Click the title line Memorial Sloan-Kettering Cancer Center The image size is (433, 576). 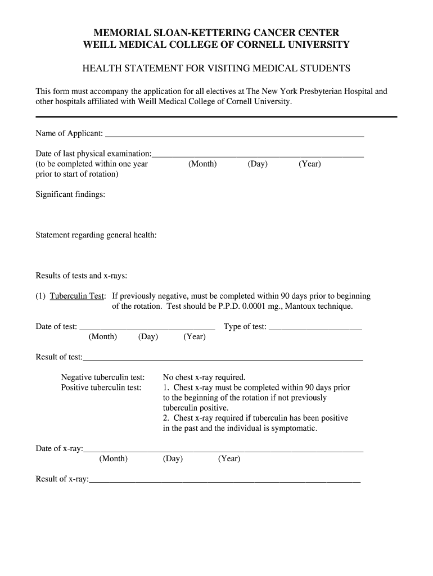coord(216,33)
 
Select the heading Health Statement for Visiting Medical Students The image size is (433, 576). coord(216,69)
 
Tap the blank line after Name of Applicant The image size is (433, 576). coord(234,135)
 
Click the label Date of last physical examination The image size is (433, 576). coord(93,154)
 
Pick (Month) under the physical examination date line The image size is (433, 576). coord(202,164)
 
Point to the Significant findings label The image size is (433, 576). coord(70,195)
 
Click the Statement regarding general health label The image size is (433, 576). coord(96,235)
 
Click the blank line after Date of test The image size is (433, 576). coord(147,327)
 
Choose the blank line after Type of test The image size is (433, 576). coord(315,327)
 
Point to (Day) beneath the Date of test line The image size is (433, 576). coord(148,336)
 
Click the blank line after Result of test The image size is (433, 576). coord(223,358)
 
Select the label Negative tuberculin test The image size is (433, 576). coord(103,377)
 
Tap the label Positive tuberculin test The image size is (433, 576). coord(101,388)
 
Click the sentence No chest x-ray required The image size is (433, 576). coord(204,377)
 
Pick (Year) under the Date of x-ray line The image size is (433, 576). coord(229,458)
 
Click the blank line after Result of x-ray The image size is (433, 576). coord(224,480)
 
